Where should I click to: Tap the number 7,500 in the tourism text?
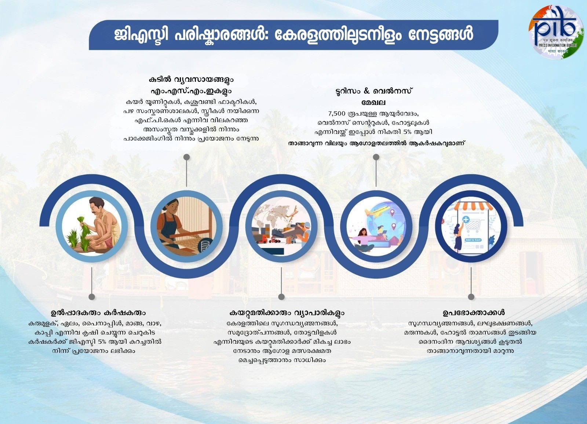click(337, 113)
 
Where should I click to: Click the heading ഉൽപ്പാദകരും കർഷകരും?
click(98, 312)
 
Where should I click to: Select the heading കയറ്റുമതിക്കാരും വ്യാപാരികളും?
click(287, 312)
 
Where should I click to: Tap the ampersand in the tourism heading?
click(367, 91)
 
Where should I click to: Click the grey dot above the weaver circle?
click(187, 157)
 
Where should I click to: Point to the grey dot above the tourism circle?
click(376, 157)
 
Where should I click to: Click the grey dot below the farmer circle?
click(92, 297)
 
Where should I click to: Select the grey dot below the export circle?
click(281, 297)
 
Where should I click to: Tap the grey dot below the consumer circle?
click(471, 297)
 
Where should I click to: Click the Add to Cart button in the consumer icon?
click(473, 240)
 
